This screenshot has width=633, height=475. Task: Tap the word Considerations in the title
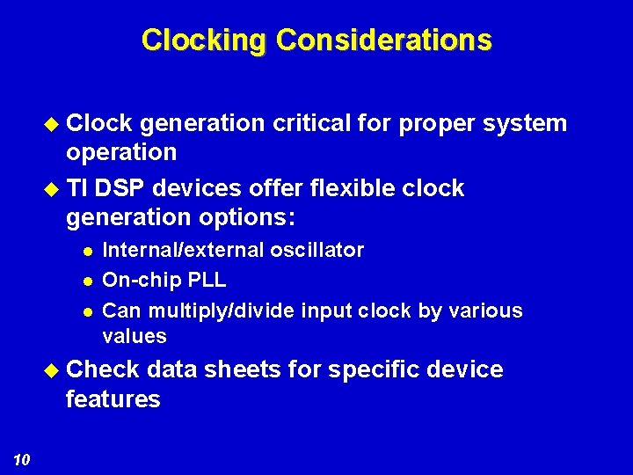(383, 40)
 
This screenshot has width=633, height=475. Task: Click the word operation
(121, 152)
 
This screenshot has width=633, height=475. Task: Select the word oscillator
(317, 250)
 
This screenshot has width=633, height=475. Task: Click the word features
(113, 399)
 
